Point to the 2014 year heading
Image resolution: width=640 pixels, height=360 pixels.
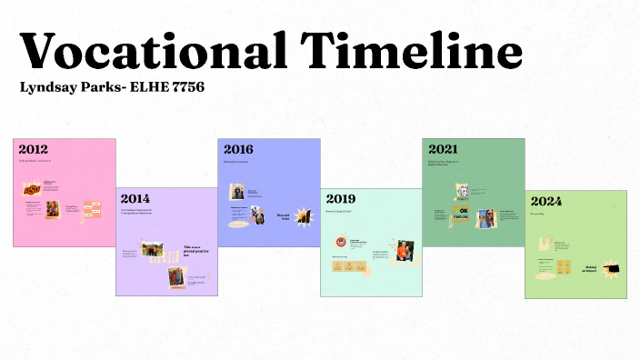135,198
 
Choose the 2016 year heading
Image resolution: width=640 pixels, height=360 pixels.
237,149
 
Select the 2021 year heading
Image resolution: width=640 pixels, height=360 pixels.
443,149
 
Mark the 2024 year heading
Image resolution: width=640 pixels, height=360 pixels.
545,199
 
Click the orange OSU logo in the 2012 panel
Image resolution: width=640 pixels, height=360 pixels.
32,190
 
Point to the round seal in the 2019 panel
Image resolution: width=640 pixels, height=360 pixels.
341,243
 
